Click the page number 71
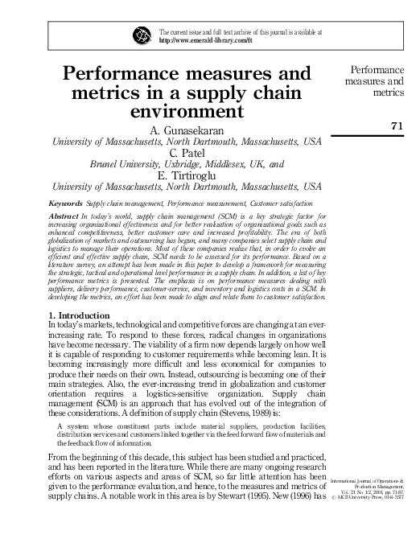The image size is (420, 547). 395,125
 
